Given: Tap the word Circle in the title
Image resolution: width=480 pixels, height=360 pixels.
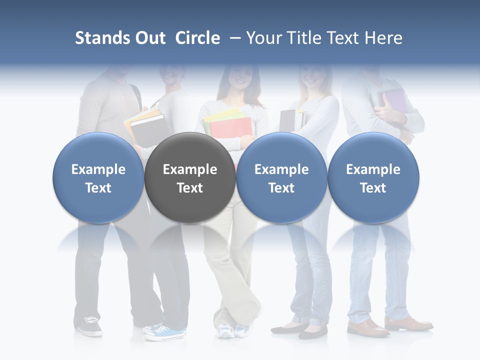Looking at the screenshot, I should tap(197, 38).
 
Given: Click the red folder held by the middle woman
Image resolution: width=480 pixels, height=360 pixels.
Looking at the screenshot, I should tap(230, 127).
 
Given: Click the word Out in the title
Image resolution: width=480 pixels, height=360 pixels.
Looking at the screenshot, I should tap(148, 38).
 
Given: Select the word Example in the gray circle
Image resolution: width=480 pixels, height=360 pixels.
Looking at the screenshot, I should tap(190, 169).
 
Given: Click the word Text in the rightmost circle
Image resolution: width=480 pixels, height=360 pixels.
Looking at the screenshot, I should tap(373, 188).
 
